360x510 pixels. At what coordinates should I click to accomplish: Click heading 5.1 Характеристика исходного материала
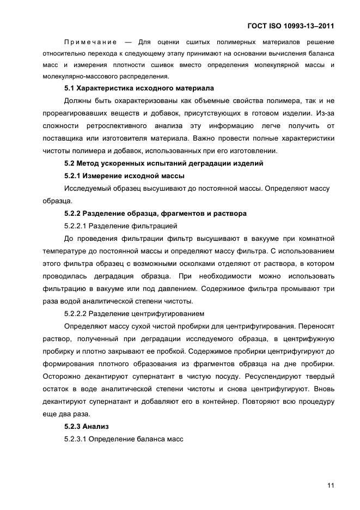[x=139, y=88]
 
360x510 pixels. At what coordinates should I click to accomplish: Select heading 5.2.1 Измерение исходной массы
[x=124, y=175]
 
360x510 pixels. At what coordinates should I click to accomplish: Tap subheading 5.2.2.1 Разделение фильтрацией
[x=120, y=226]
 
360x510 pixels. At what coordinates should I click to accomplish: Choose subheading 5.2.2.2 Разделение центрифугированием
[x=134, y=314]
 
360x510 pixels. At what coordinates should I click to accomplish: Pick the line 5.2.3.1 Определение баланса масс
[x=123, y=439]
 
